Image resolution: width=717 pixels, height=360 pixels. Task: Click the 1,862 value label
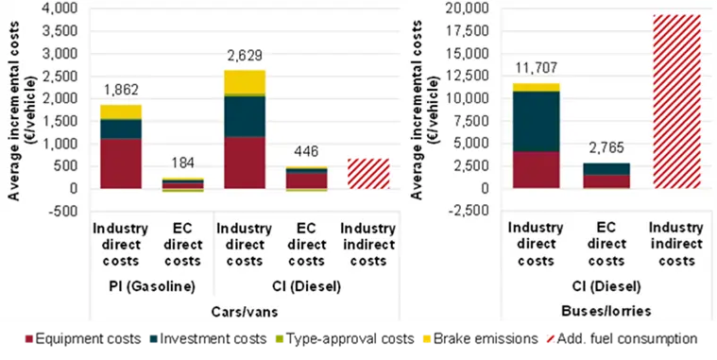(x=121, y=90)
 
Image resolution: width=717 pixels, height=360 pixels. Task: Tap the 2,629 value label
(x=245, y=56)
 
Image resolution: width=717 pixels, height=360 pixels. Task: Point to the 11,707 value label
(x=536, y=68)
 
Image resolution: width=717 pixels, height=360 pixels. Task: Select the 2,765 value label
(x=606, y=148)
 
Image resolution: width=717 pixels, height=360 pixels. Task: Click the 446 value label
(x=306, y=151)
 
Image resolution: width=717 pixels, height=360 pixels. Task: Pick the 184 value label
(x=183, y=163)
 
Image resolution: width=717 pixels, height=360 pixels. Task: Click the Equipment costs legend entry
(x=83, y=339)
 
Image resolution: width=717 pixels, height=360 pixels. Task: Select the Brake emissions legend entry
(x=480, y=339)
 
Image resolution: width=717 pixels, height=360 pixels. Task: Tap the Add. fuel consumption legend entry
(x=623, y=339)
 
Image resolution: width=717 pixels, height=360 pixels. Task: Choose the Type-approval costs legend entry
(x=346, y=339)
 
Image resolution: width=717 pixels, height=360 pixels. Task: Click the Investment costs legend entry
(x=208, y=339)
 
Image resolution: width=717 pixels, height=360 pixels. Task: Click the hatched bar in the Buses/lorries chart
(x=676, y=101)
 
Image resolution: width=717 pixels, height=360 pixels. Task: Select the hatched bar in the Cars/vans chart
(x=368, y=173)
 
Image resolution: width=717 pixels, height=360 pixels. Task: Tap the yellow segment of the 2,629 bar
(x=245, y=82)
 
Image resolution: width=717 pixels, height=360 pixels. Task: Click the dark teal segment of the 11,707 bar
(x=536, y=122)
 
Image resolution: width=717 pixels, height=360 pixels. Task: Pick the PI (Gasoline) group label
(x=152, y=287)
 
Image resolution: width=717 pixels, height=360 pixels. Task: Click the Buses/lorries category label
(x=606, y=311)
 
